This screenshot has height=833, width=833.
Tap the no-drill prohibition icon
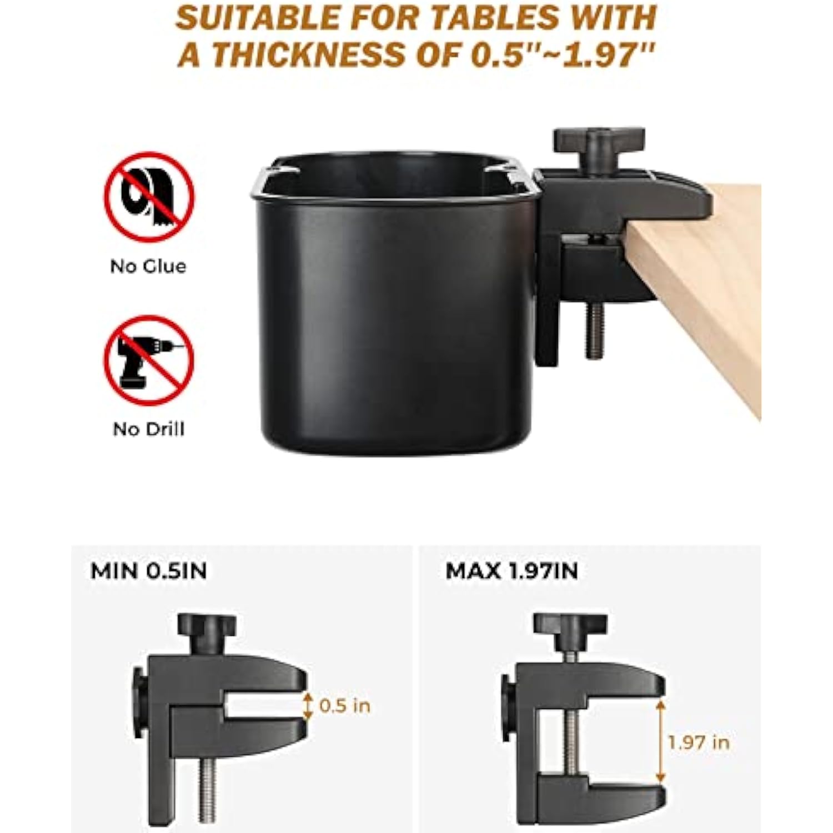149,359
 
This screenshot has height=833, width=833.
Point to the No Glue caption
148,267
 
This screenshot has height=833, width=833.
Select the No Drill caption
148,429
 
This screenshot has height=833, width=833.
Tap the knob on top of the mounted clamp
599,147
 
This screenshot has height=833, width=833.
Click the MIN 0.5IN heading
149,571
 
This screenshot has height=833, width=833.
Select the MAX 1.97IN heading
511,571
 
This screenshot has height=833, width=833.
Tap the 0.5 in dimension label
345,706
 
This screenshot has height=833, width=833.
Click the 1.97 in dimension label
699,742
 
